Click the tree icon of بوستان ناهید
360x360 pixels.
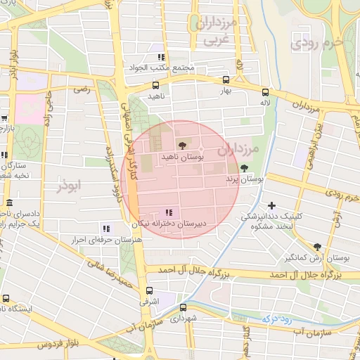click(183, 145)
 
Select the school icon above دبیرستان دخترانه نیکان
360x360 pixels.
click(169, 212)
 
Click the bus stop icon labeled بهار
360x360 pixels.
click(226, 79)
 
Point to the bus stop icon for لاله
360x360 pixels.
click(265, 91)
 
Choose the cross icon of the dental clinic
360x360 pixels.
click(272, 205)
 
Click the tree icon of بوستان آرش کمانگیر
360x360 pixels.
click(317, 247)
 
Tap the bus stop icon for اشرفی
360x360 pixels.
click(148, 290)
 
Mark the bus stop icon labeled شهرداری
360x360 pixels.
click(184, 307)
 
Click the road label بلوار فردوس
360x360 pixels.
click(37, 345)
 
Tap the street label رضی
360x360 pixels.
click(84, 90)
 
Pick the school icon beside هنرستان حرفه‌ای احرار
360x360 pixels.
click(106, 228)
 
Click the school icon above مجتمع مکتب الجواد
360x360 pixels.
click(161, 57)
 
